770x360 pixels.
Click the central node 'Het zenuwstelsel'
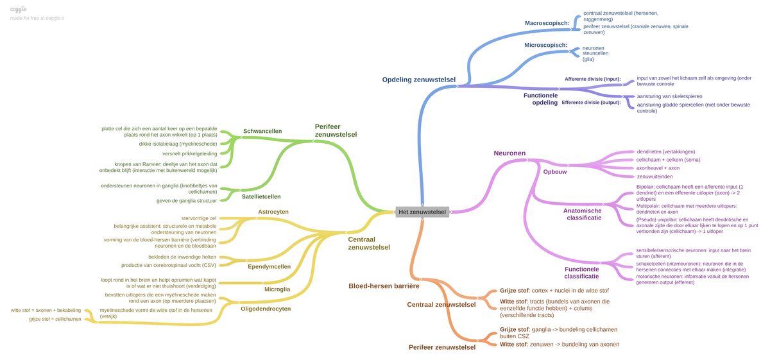point(422,212)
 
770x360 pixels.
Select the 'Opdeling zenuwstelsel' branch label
point(418,80)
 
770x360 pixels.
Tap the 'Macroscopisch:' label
point(547,23)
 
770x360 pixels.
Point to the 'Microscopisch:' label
point(545,46)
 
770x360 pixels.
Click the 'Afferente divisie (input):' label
point(592,79)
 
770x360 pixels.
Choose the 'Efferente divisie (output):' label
point(591,102)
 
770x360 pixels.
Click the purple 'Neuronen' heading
point(509,153)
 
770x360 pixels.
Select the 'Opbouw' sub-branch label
point(555,172)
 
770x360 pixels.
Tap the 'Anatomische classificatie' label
point(582,214)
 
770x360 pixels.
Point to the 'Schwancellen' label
point(262,131)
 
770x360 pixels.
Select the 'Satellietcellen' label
point(261,196)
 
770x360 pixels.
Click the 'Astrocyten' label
point(273,212)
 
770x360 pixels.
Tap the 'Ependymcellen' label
point(269,266)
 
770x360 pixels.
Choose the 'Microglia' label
point(277,289)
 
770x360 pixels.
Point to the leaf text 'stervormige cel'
point(199,218)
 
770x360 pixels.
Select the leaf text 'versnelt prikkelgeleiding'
point(190,153)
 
